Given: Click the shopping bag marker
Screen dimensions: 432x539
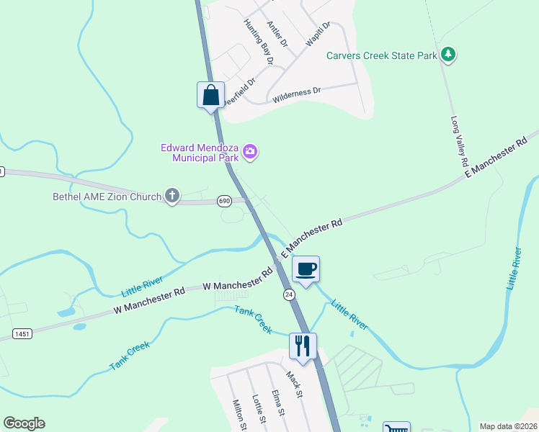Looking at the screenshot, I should click(x=210, y=95).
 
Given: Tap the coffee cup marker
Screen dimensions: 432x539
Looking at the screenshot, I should click(x=306, y=269).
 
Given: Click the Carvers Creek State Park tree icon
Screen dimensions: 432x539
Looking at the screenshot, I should click(x=448, y=55).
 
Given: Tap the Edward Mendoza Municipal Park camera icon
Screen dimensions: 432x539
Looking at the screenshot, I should click(x=251, y=151).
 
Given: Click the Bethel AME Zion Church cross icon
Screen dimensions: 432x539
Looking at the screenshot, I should click(x=171, y=196).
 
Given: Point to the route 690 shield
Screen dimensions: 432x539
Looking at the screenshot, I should click(x=224, y=202).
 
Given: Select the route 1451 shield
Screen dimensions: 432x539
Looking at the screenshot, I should click(x=23, y=333).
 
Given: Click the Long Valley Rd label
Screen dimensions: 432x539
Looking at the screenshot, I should click(x=459, y=140).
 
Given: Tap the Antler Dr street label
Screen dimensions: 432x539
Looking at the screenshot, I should click(x=277, y=34).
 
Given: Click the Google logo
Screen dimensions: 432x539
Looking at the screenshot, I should click(x=24, y=423).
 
